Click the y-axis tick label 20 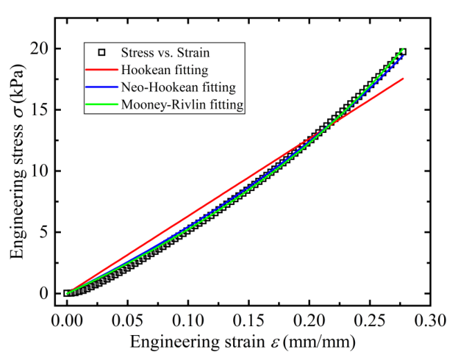[39, 48]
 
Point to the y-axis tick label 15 [39, 110]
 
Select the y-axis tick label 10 [39, 171]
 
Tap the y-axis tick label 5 [44, 233]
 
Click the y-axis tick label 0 [44, 294]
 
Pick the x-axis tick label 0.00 [67, 321]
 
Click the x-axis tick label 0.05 [127, 321]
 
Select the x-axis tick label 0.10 [188, 321]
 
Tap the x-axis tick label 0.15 [248, 321]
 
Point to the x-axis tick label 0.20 [309, 321]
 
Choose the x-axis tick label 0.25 [369, 321]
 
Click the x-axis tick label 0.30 [430, 321]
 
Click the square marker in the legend [102, 53]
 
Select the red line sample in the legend [102, 70]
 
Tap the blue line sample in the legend [102, 87]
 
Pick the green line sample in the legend [102, 105]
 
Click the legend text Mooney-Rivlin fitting [182, 105]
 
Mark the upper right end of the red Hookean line [403, 78]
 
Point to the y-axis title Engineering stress [17, 192]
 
